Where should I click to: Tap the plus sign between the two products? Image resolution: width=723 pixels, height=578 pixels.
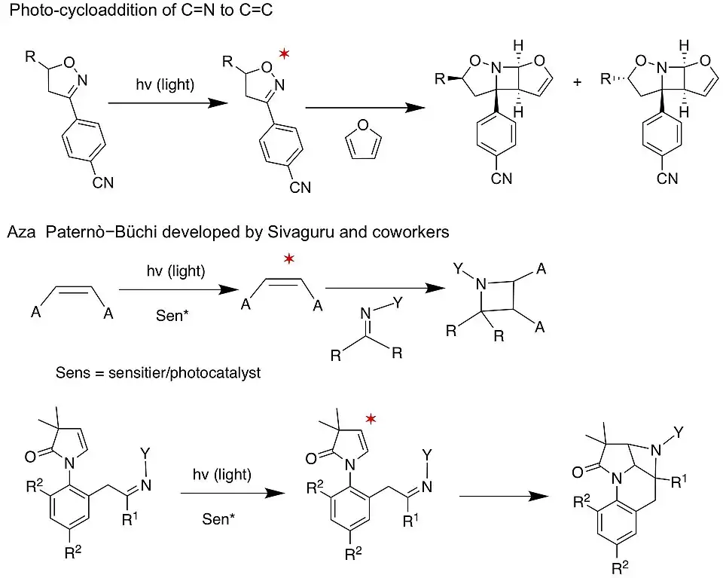(x=578, y=81)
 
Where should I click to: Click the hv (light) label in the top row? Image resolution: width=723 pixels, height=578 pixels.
(x=165, y=85)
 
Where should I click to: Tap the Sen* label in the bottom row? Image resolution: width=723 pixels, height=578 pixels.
(x=220, y=520)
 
